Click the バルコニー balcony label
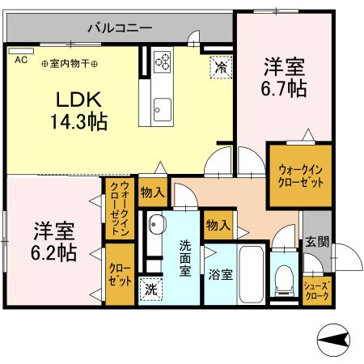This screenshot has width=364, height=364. pyautogui.click(x=122, y=27)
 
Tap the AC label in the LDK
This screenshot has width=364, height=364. pyautogui.click(x=20, y=59)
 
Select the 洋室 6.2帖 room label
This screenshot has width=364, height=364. pyautogui.click(x=54, y=240)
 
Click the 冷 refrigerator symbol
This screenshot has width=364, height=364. pyautogui.click(x=219, y=68)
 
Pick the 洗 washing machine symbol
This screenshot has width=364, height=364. pyautogui.click(x=151, y=286)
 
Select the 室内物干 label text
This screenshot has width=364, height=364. pyautogui.click(x=69, y=64)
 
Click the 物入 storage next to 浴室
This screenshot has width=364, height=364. pyautogui.click(x=216, y=224)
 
